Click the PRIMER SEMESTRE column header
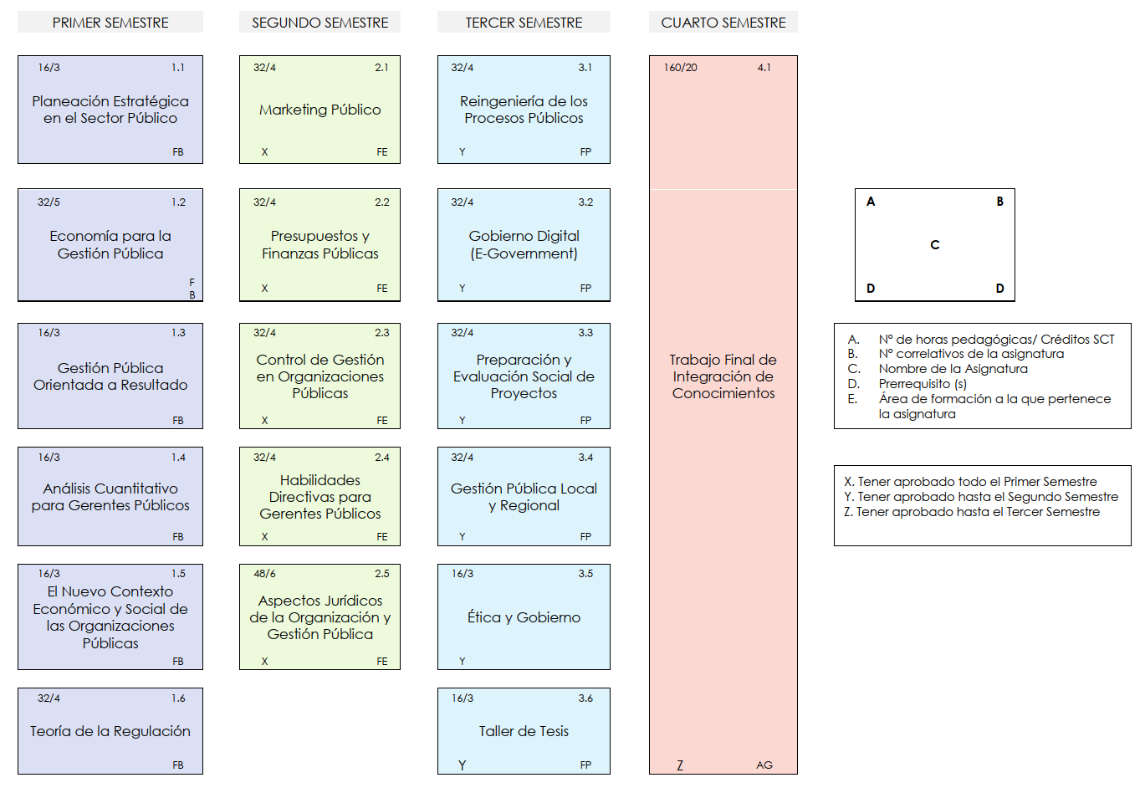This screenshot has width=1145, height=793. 110,23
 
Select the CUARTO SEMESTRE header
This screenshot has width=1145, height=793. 723,23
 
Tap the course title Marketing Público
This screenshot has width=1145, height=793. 320,110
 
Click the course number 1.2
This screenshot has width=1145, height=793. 178,202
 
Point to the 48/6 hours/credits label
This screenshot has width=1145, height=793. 264,574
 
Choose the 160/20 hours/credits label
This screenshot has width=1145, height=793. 680,68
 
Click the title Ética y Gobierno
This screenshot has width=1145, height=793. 524,617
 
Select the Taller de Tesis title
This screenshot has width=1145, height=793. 524,731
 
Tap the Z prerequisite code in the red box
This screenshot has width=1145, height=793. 680,765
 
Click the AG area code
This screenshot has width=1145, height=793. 764,765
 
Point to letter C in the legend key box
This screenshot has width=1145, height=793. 935,245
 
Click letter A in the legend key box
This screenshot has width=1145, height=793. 871,202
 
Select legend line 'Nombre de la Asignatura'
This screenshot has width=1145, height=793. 953,369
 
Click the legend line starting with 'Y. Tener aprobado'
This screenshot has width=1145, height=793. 981,496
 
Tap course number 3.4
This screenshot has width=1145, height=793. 585,457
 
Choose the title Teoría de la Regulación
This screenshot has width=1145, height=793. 110,731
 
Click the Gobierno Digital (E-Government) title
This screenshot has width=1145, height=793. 524,244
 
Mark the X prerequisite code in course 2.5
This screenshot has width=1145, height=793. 264,661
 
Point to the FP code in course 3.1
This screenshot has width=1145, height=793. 585,152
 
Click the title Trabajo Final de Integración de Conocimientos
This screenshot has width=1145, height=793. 723,376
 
